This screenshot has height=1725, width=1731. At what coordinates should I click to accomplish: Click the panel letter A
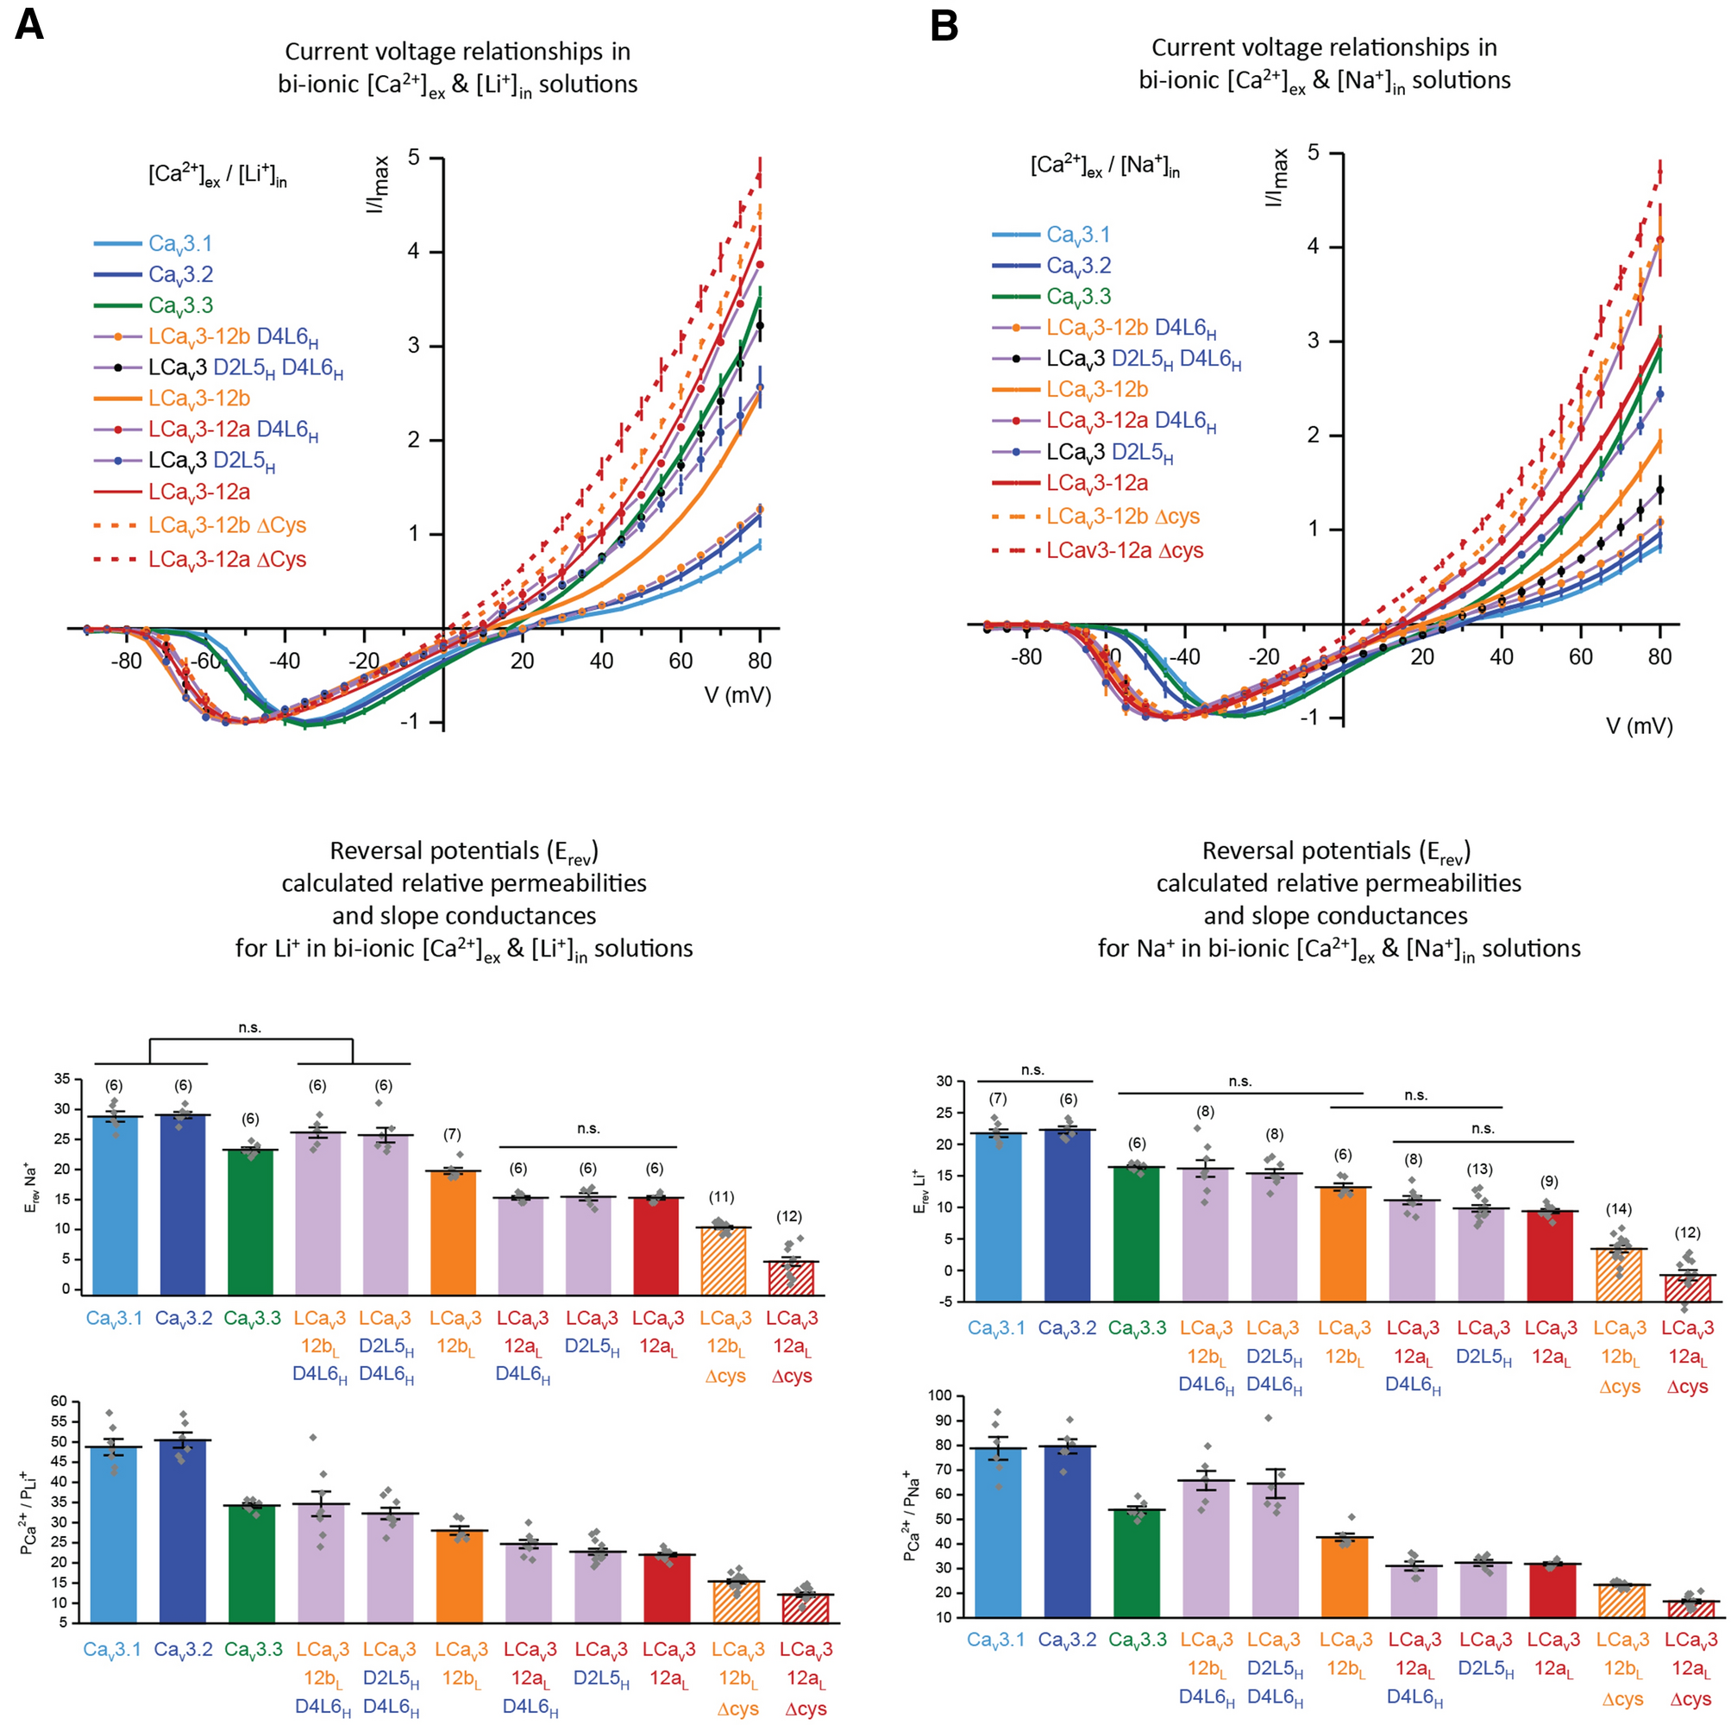[x=28, y=26]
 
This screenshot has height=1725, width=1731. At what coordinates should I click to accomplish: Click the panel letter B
[x=944, y=26]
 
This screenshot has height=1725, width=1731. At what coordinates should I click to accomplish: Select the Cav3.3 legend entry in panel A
[x=180, y=305]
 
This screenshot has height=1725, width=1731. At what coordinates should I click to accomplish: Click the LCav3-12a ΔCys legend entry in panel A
[x=227, y=559]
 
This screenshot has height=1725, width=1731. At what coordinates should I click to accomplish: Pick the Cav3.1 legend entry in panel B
[x=1078, y=235]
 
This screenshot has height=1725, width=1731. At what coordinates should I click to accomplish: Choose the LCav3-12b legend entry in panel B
[x=1097, y=390]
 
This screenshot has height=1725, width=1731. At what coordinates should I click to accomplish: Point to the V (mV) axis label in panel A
[x=737, y=695]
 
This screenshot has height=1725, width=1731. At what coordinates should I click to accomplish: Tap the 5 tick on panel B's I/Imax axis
[x=1313, y=154]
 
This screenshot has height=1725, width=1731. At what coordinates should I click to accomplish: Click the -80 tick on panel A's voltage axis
[x=126, y=662]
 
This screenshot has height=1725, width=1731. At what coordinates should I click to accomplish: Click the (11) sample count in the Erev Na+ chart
[x=721, y=1197]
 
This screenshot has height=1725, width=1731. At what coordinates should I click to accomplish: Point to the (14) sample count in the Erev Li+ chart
[x=1619, y=1209]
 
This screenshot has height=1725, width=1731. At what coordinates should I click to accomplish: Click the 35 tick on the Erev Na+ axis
[x=62, y=1079]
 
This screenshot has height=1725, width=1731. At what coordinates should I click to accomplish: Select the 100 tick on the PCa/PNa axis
[x=938, y=1396]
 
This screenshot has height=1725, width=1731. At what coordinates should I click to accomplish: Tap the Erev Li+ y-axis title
[x=919, y=1191]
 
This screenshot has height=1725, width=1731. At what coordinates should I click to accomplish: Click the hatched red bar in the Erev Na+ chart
[x=791, y=1278]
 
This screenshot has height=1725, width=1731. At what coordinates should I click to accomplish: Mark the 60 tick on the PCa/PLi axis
[x=60, y=1402]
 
